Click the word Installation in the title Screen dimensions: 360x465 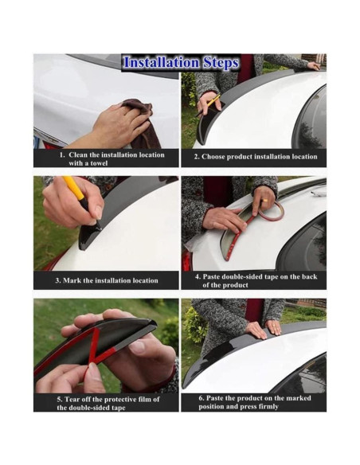[x=161, y=63]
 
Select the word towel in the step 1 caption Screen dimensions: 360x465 [x=99, y=163]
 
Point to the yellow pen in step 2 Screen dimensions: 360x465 [x=209, y=104]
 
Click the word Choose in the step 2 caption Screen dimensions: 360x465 [x=212, y=157]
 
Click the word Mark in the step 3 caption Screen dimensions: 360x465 [x=72, y=280]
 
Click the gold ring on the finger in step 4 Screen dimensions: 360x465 [x=264, y=201]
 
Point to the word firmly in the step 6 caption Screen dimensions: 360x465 [x=268, y=406]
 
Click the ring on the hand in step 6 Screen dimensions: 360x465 [x=274, y=325]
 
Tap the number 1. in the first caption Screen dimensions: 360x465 [x=61, y=154]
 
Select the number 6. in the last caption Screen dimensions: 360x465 [x=201, y=398]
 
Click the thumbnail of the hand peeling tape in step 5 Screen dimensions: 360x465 [x=106, y=346]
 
